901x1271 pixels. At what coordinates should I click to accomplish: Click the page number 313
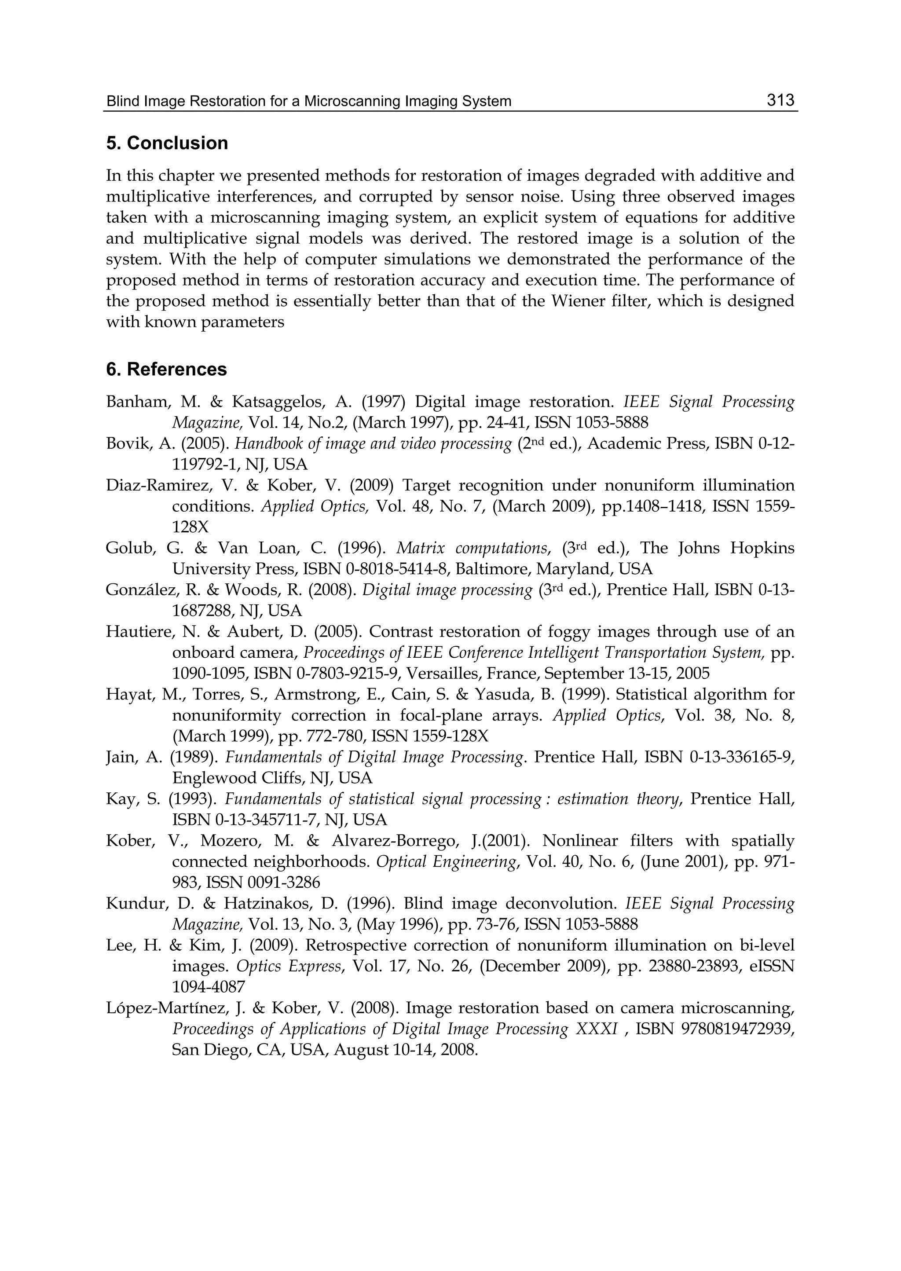[780, 100]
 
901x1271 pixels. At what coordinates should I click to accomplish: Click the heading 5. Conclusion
[167, 143]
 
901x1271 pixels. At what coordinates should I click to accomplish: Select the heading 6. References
[166, 370]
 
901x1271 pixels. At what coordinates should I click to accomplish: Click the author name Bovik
[124, 444]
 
